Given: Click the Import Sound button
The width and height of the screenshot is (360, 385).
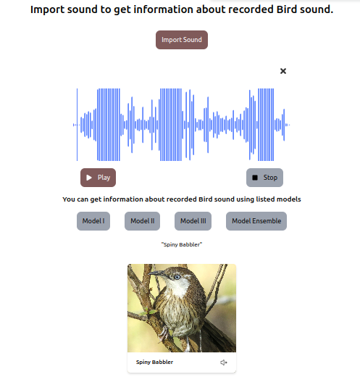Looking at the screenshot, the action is pyautogui.click(x=182, y=40).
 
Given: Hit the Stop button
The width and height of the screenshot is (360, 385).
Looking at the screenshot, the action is pyautogui.click(x=264, y=178).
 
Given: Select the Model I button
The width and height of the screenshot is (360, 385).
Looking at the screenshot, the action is pyautogui.click(x=93, y=221).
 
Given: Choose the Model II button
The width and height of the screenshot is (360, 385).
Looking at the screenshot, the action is pyautogui.click(x=142, y=221).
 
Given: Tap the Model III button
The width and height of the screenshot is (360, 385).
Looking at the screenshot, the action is pyautogui.click(x=193, y=221).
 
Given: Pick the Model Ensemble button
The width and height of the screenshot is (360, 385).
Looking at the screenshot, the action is pyautogui.click(x=256, y=221).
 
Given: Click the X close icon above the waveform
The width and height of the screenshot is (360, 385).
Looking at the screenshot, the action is pyautogui.click(x=283, y=71).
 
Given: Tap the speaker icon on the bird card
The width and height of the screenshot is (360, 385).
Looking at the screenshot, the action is pyautogui.click(x=223, y=363).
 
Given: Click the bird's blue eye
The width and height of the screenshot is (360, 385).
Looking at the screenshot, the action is pyautogui.click(x=177, y=277).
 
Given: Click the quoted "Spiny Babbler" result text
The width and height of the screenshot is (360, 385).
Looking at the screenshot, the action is pyautogui.click(x=182, y=244).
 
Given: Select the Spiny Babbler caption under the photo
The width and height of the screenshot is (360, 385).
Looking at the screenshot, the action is pyautogui.click(x=155, y=363).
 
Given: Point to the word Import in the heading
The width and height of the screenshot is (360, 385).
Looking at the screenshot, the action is pyautogui.click(x=47, y=10).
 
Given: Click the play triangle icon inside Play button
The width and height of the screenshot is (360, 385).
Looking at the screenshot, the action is pyautogui.click(x=89, y=178).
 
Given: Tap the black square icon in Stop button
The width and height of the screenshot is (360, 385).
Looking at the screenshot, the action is pyautogui.click(x=255, y=178).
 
